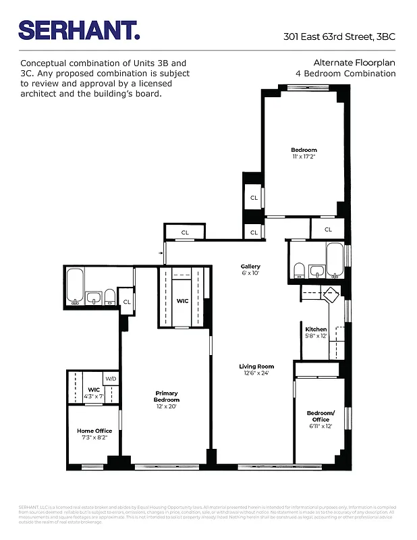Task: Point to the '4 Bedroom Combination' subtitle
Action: [345, 73]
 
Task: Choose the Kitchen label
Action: [316, 329]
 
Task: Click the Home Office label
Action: [94, 431]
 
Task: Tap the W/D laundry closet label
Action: [111, 379]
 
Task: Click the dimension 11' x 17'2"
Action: [304, 157]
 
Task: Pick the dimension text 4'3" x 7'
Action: [94, 396]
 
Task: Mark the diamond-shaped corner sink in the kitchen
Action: [331, 294]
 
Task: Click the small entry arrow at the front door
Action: [161, 254]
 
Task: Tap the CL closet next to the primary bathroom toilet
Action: [126, 301]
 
